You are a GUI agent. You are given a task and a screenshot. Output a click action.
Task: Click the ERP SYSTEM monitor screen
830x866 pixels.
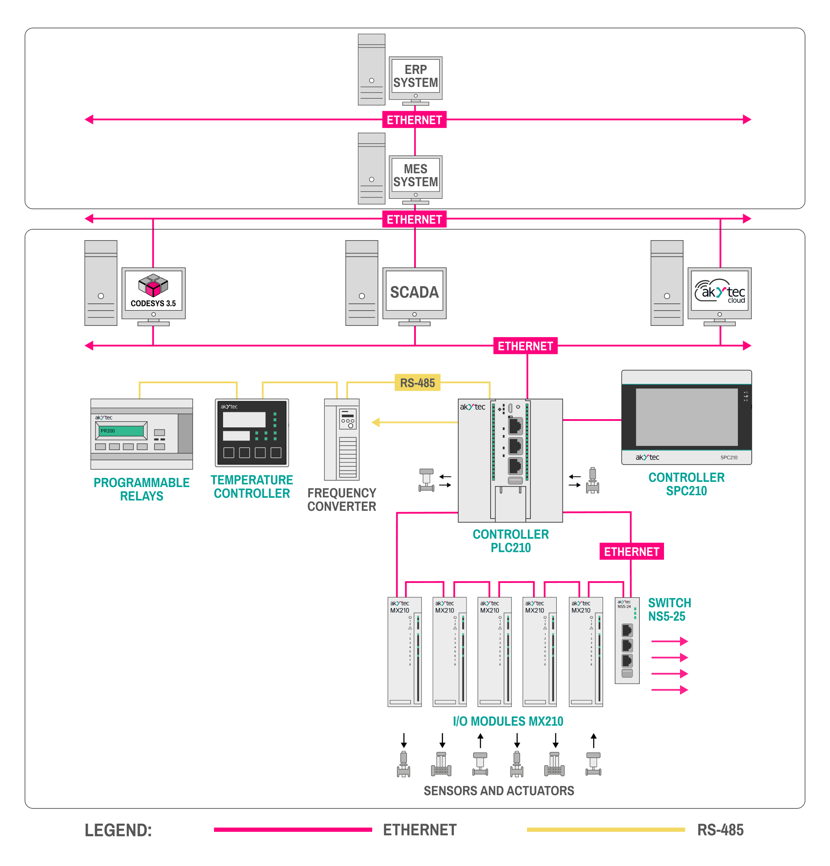pyautogui.click(x=415, y=76)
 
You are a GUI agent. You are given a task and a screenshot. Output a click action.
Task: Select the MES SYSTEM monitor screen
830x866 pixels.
pyautogui.click(x=415, y=175)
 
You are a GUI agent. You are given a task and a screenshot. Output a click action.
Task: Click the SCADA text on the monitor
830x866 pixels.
pyautogui.click(x=414, y=292)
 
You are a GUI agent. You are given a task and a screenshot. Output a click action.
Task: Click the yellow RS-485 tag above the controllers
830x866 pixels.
pyautogui.click(x=417, y=382)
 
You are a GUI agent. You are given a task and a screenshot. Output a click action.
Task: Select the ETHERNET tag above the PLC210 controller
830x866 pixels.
pyautogui.click(x=525, y=346)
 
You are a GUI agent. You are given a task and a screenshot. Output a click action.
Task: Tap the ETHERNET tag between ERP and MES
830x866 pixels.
pyautogui.click(x=414, y=120)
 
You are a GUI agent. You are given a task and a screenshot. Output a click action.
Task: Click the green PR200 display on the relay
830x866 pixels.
pyautogui.click(x=121, y=431)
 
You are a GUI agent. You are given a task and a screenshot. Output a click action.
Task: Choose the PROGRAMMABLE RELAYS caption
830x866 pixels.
pyautogui.click(x=141, y=489)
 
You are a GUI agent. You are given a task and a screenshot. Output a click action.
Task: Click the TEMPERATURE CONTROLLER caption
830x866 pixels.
pyautogui.click(x=252, y=486)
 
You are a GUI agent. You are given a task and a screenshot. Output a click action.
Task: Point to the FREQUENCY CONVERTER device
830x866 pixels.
pyautogui.click(x=342, y=439)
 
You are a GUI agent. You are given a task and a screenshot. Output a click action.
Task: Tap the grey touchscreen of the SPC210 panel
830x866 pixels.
pyautogui.click(x=686, y=417)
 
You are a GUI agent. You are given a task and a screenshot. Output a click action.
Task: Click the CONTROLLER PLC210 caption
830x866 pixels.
pyautogui.click(x=511, y=540)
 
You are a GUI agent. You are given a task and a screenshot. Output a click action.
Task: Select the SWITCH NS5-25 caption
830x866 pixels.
pyautogui.click(x=669, y=609)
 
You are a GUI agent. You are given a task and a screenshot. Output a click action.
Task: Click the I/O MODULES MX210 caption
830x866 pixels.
pyautogui.click(x=508, y=721)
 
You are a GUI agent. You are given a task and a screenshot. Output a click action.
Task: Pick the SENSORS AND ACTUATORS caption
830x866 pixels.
pyautogui.click(x=498, y=790)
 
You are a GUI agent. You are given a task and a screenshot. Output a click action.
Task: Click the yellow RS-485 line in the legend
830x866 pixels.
pyautogui.click(x=606, y=829)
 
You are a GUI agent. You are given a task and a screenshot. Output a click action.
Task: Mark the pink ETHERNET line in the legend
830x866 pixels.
pyautogui.click(x=293, y=829)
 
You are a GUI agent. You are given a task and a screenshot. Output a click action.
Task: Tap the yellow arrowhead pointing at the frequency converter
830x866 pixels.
pyautogui.click(x=376, y=422)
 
